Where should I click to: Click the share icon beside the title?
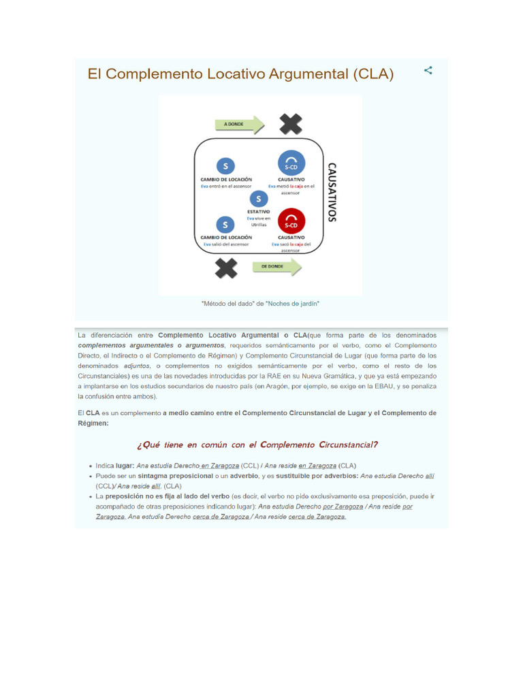428,70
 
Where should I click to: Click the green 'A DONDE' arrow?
239,125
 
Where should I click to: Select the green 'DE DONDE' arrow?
276,267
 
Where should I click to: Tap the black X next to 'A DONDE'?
291,124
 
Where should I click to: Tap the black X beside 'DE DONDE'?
227,267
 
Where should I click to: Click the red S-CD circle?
291,221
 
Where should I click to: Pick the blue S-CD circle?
291,164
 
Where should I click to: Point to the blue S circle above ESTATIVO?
259,199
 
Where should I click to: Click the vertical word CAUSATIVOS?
332,192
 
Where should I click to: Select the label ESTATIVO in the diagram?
258,212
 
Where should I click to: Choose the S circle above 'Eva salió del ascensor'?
225,224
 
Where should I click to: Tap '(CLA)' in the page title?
373,74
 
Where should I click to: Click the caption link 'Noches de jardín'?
294,304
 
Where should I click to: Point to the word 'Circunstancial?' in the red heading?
348,445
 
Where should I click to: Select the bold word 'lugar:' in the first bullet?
125,466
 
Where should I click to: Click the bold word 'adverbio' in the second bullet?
244,476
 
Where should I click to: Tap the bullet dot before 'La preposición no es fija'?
91,497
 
